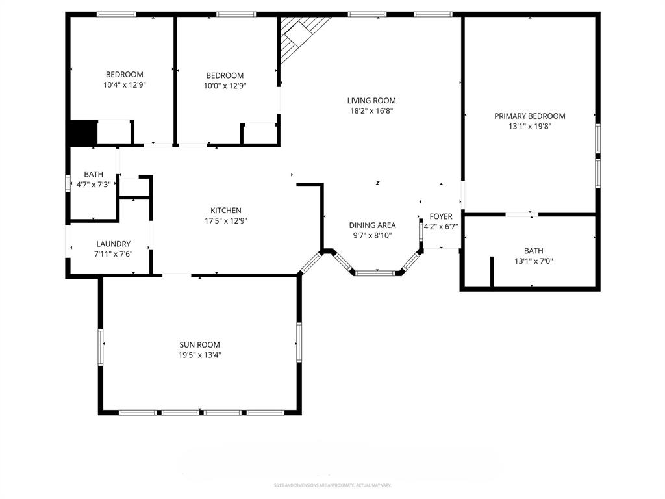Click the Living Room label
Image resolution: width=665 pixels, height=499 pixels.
point(371,101)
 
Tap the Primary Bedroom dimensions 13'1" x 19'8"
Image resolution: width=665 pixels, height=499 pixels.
point(530,127)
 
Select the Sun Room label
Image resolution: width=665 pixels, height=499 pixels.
point(199,344)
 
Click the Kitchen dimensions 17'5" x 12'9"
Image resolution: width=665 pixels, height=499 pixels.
point(226,221)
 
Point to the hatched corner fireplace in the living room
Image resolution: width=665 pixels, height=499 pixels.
point(301,36)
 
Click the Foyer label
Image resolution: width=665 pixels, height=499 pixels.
point(441,216)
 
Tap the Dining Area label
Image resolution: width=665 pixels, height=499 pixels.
point(372,225)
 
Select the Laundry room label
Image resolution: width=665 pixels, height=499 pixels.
point(114,244)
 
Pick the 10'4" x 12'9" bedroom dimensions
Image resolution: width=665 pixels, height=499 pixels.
point(125,85)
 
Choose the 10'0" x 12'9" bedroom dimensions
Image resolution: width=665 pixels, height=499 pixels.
point(225,86)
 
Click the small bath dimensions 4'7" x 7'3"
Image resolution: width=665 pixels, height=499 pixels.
point(94,185)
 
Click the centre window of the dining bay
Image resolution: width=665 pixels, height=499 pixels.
point(375,274)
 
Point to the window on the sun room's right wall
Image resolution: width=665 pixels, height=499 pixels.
point(299,342)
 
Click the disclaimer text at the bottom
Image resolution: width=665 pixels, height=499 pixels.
point(332,485)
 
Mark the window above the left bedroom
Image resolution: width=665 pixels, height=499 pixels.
point(116,14)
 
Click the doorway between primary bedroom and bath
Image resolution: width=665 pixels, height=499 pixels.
point(521,214)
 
